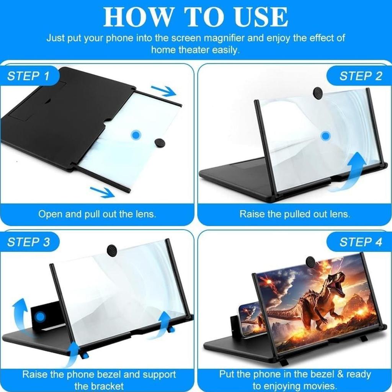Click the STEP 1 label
tap(29, 76)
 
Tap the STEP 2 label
tap(361, 76)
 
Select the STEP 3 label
tap(29, 242)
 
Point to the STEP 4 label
tap(361, 242)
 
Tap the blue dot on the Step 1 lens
tap(136, 134)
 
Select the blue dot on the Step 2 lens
tap(325, 135)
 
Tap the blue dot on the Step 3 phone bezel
tap(39, 317)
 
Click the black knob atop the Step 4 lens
tap(310, 262)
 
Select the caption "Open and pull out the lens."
tap(97, 214)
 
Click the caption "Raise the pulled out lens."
tap(295, 214)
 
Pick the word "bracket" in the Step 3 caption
tap(105, 385)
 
